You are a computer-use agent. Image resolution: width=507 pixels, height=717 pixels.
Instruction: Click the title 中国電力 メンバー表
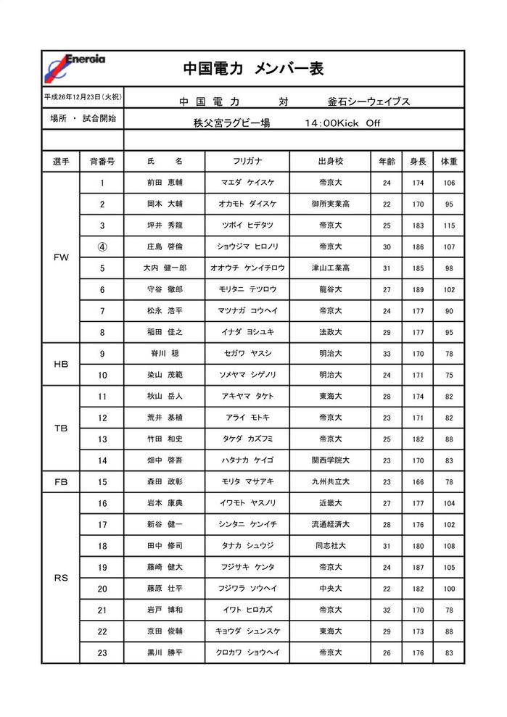(x=253, y=69)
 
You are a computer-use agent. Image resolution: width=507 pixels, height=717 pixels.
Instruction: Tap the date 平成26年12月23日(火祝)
(x=83, y=97)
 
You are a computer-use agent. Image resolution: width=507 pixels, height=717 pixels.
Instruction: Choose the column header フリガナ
(x=247, y=162)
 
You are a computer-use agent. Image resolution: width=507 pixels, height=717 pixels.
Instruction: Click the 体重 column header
(x=449, y=162)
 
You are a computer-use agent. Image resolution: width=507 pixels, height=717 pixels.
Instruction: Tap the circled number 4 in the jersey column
(x=102, y=246)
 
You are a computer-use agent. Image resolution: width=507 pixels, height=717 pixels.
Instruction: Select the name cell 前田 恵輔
(x=165, y=183)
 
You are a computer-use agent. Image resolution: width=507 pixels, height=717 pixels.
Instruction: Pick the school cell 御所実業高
(x=330, y=204)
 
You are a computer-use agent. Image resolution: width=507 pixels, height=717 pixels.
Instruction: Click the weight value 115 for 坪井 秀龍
(x=449, y=225)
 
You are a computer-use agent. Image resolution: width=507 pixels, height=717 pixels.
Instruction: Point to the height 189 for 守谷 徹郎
(x=418, y=289)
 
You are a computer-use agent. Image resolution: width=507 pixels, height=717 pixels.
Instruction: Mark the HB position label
(x=61, y=364)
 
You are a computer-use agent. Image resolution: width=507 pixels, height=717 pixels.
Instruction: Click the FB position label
(x=61, y=481)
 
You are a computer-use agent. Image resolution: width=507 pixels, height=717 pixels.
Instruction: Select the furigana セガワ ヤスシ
(x=247, y=354)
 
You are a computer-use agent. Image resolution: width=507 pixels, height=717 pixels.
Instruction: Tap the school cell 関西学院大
(x=330, y=460)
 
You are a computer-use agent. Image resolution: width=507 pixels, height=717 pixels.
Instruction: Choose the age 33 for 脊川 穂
(x=387, y=354)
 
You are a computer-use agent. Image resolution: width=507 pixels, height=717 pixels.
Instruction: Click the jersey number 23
(x=102, y=652)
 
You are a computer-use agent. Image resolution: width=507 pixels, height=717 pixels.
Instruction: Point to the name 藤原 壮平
(x=165, y=589)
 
